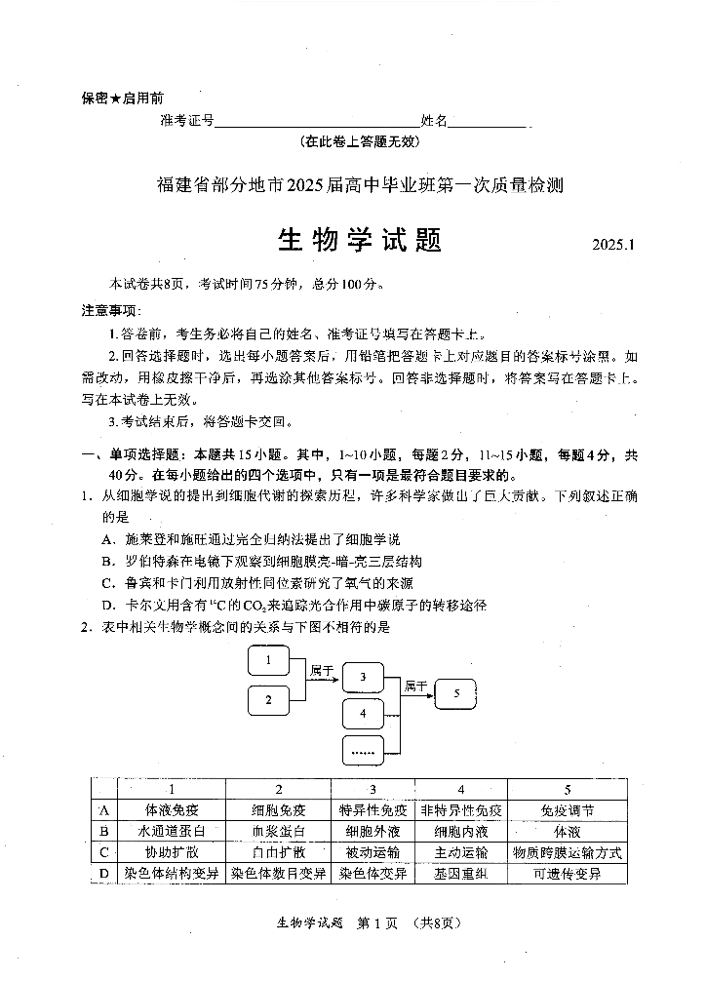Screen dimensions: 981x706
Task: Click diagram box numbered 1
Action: pos(267,663)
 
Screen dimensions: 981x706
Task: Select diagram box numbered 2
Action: pos(267,698)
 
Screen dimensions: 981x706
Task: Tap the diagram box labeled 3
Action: pos(363,676)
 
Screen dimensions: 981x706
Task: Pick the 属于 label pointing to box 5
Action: pos(415,686)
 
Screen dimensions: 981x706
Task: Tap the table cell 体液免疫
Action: pos(172,810)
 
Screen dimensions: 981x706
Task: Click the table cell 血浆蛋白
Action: pos(278,832)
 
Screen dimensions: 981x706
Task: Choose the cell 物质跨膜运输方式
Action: pos(568,852)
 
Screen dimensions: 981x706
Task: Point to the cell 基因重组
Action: pos(460,874)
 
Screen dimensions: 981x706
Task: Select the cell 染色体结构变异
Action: pos(172,874)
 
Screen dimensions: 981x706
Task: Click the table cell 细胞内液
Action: pos(460,832)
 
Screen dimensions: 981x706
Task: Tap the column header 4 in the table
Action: pos(460,789)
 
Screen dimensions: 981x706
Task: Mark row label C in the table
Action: pos(103,852)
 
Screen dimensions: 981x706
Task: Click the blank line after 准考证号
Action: pos(316,123)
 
